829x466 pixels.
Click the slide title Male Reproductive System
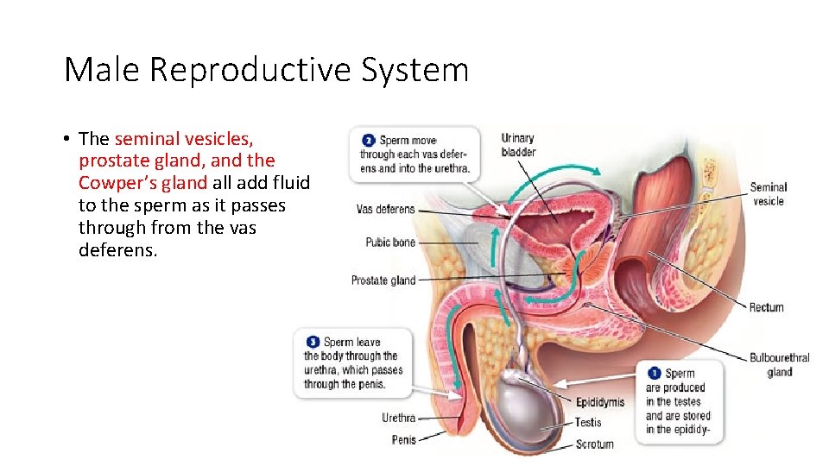(266, 69)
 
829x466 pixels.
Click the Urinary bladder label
(518, 145)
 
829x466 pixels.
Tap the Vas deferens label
(385, 210)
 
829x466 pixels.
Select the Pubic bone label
(390, 242)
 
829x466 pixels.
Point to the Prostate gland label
(383, 280)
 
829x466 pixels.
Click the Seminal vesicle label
(768, 194)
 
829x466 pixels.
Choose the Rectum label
(766, 307)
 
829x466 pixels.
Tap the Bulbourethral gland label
(779, 365)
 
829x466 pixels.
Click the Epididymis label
(600, 402)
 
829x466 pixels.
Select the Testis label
(590, 423)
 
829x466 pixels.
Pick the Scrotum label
(595, 444)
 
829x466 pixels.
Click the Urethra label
(398, 419)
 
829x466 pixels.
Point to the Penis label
(403, 440)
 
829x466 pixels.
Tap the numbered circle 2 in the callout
(368, 140)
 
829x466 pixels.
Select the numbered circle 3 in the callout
(313, 343)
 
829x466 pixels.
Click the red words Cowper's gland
(142, 183)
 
